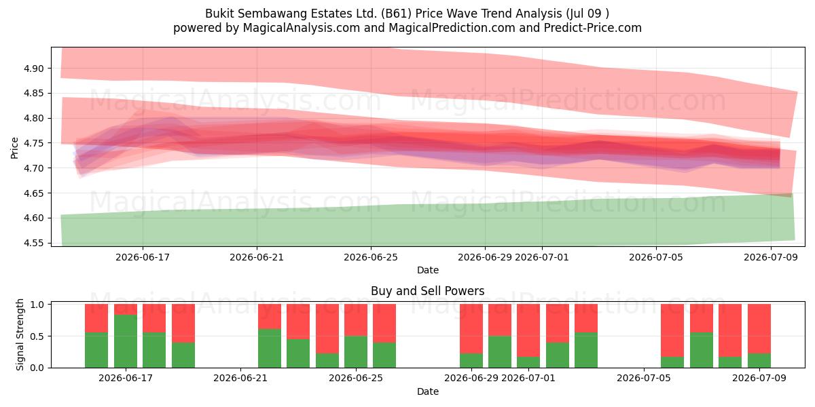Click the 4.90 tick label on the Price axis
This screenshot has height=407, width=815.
pyautogui.click(x=33, y=69)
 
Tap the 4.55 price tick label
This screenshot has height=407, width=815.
pyautogui.click(x=33, y=243)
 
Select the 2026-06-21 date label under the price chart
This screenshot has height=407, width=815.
pyautogui.click(x=257, y=257)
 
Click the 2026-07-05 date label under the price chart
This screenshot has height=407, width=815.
pyautogui.click(x=656, y=257)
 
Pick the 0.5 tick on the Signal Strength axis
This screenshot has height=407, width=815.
pyautogui.click(x=37, y=336)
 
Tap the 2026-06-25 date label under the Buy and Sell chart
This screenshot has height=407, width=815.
pyautogui.click(x=356, y=378)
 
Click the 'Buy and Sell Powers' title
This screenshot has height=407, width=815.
pyautogui.click(x=427, y=291)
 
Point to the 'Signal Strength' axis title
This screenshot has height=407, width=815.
pyautogui.click(x=20, y=334)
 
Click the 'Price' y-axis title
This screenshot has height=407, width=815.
pyautogui.click(x=14, y=148)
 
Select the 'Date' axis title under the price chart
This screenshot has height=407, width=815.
pyautogui.click(x=427, y=271)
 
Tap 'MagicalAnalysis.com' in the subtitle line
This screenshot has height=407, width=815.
pyautogui.click(x=302, y=28)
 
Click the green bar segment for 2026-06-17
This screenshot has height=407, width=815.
pyautogui.click(x=126, y=341)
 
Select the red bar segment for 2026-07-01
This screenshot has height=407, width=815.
pyautogui.click(x=528, y=330)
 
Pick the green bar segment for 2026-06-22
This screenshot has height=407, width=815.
pyautogui.click(x=270, y=349)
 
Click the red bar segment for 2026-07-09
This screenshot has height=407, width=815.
pyautogui.click(x=759, y=329)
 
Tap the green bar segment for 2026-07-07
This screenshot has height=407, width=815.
pyautogui.click(x=702, y=350)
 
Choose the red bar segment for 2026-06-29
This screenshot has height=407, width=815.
pyautogui.click(x=471, y=329)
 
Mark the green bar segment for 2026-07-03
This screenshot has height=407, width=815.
pyautogui.click(x=586, y=350)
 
